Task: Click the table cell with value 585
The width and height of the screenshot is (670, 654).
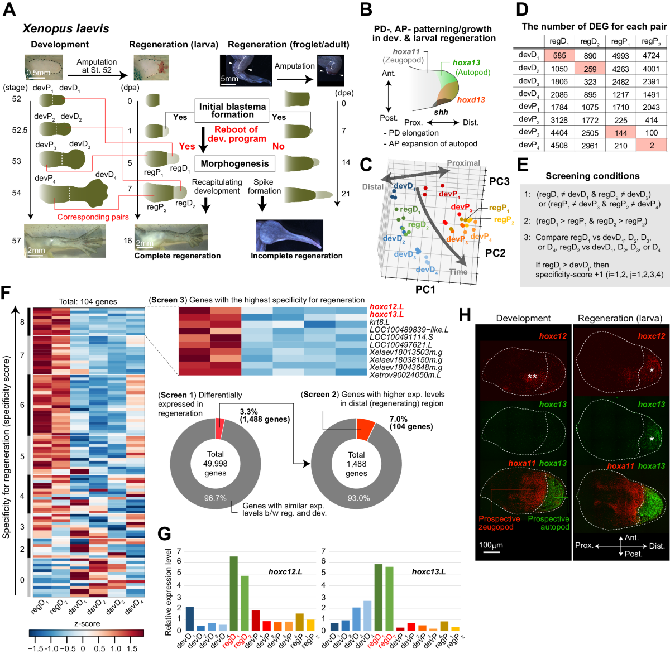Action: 559,55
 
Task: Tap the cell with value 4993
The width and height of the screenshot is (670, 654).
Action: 620,55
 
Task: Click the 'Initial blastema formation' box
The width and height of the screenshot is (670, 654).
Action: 232,110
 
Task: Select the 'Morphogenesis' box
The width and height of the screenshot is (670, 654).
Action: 234,163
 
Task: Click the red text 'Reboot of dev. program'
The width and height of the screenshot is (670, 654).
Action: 236,134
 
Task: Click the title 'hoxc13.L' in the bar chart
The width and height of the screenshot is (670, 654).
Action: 428,571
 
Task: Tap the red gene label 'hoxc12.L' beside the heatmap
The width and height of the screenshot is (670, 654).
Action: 386,307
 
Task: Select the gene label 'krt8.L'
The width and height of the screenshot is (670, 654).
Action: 380,322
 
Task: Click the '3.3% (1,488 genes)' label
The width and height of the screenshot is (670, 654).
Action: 265,416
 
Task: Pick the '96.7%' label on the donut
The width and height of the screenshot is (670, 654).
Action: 215,498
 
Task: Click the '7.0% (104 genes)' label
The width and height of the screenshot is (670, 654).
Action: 411,423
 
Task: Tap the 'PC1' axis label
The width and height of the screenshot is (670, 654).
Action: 425,289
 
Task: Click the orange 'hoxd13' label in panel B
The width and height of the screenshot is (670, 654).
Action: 471,99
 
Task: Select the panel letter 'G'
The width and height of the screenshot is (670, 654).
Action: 164,534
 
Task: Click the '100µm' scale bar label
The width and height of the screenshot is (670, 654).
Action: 491,545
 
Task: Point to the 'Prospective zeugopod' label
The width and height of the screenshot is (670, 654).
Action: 499,523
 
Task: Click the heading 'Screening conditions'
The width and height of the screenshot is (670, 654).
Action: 592,176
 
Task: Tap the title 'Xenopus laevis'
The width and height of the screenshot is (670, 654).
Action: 65,28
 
